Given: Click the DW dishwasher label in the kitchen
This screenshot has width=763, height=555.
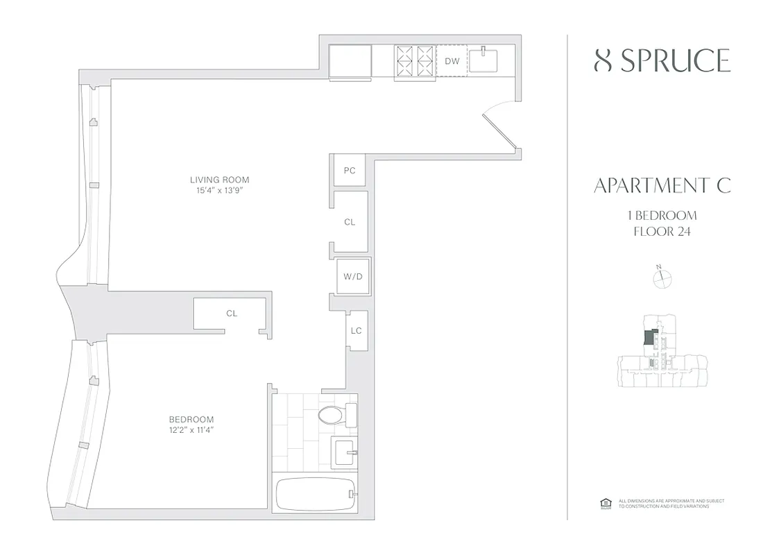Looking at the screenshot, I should pos(452,61).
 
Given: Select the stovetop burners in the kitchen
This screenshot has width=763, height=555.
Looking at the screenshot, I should pos(415,60).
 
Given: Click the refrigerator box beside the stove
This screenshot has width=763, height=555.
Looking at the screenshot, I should pos(350,61).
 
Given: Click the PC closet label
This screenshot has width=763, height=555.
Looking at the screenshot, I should pos(350,170).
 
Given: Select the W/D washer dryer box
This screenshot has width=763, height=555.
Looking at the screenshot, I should pos(353,277).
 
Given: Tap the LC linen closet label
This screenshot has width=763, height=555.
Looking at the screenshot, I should pos(356,330).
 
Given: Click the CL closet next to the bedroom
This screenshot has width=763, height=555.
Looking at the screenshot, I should pos(232,314).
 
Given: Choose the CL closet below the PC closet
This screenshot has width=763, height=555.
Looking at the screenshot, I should pos(350,222).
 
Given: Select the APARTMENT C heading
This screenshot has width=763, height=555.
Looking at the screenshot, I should pos(662,186).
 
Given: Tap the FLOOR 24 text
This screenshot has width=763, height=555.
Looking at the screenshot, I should pos(662,231).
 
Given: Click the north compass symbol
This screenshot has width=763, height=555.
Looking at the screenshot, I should pos(663,277).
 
